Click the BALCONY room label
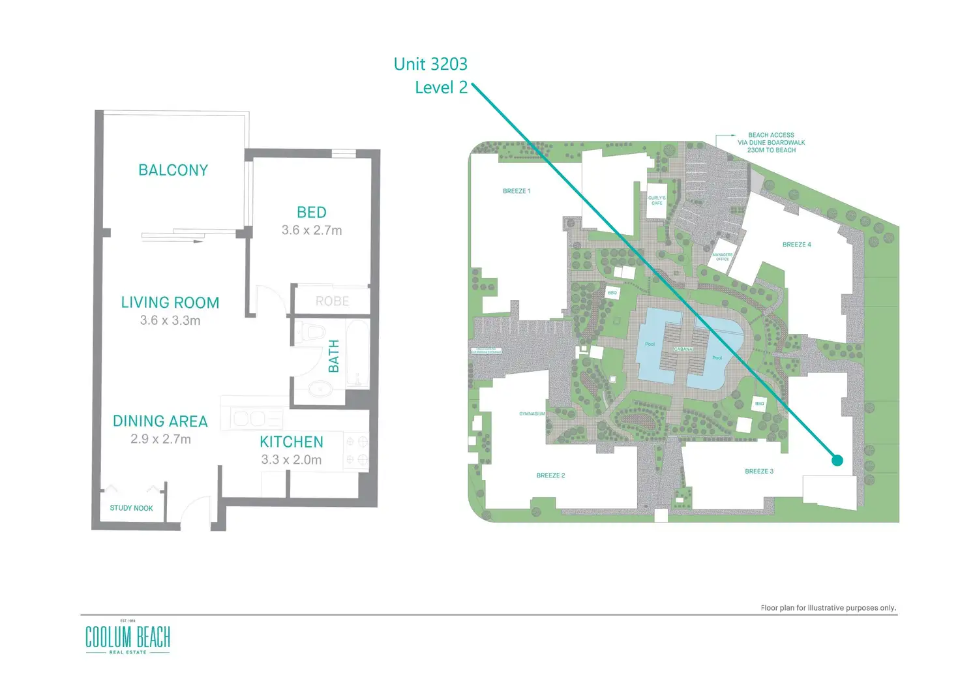pos(173,170)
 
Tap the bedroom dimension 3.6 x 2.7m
pos(312,230)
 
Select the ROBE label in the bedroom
pos(333,301)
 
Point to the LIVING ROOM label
pos(170,303)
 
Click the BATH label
pos(334,356)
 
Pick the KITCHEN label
pos(292,442)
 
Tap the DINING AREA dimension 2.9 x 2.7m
pos(160,440)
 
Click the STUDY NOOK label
pos(131,508)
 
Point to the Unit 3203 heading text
pos(430,64)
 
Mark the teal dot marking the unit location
pos(837,460)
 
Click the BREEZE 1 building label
pos(517,191)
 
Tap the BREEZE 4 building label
pos(796,245)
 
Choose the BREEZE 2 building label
pos(550,475)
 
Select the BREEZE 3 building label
pos(759,471)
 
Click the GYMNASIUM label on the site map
pos(532,414)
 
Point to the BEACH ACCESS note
pos(771,142)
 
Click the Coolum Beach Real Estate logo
pos(128,637)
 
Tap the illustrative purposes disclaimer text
pos(828,608)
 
